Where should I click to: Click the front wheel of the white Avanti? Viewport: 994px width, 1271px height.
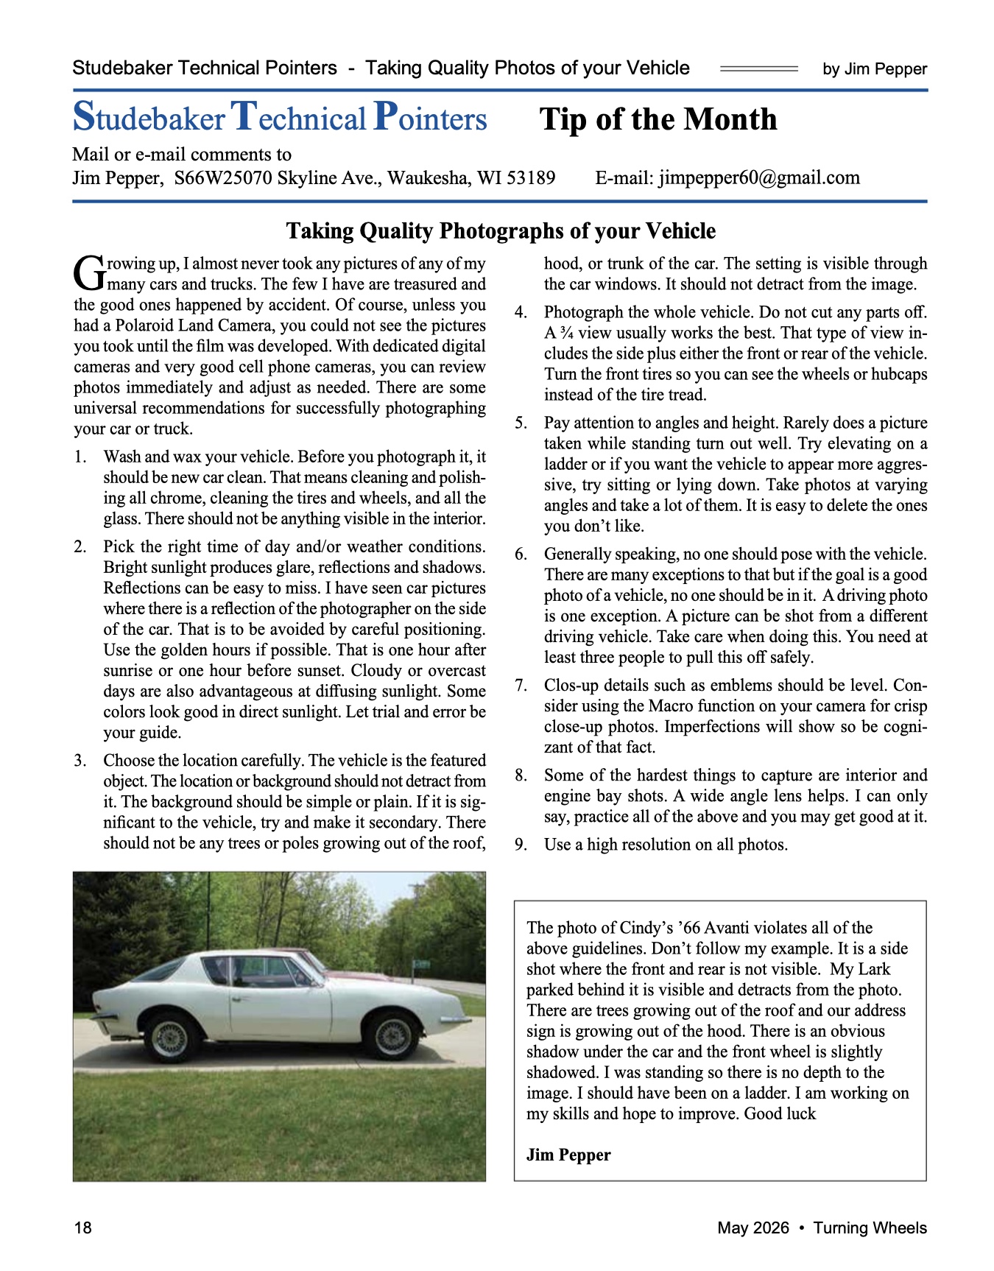point(392,1036)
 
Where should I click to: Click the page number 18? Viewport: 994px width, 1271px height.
point(82,1228)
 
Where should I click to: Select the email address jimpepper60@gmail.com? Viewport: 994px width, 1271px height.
point(759,178)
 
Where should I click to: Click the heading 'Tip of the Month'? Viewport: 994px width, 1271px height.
point(658,119)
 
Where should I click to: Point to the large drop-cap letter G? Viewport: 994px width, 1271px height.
point(89,272)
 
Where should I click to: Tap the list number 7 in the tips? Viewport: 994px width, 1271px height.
point(521,686)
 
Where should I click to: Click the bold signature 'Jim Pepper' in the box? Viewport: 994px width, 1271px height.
point(568,1155)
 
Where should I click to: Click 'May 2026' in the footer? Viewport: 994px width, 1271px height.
point(752,1228)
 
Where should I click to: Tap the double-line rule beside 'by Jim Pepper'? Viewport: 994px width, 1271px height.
point(758,68)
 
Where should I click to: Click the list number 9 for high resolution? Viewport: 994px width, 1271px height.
point(521,845)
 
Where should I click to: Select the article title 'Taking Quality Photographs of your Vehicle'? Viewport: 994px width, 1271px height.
point(501,231)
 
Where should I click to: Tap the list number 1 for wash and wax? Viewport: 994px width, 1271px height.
point(80,457)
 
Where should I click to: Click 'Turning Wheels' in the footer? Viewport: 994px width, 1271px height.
point(870,1228)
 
